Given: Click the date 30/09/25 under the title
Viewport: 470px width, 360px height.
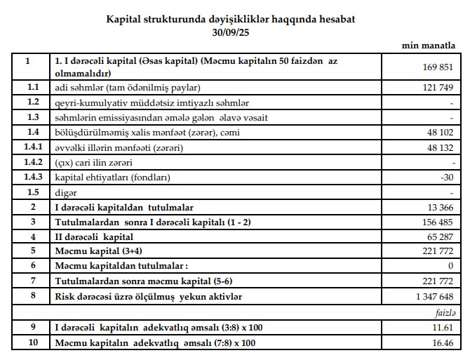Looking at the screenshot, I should pos(230,32).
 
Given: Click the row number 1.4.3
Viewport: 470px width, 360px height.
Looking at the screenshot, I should pos(27,177).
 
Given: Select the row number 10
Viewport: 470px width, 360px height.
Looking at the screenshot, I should pos(27,343).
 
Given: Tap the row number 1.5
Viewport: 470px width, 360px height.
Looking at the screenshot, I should pos(27,192).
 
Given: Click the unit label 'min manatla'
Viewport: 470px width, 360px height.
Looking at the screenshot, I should pos(429,46).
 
